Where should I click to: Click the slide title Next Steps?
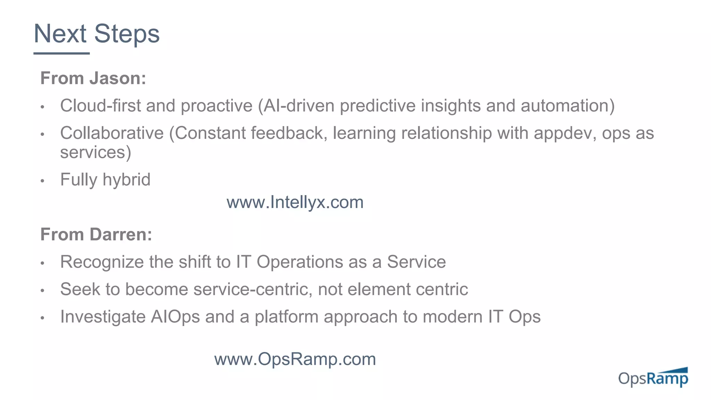click(x=97, y=34)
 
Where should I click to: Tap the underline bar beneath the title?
click(x=61, y=53)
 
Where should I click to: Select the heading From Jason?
click(x=93, y=78)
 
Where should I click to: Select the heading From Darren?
click(x=96, y=234)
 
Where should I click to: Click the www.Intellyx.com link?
click(x=295, y=202)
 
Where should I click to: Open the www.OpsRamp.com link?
click(x=295, y=359)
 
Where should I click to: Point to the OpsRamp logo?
click(x=653, y=377)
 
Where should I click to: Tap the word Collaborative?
click(x=112, y=133)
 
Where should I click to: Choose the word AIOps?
click(x=175, y=317)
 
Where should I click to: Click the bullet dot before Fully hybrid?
click(x=42, y=181)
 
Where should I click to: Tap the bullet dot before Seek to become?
click(x=42, y=290)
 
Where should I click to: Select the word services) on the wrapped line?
click(x=95, y=152)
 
